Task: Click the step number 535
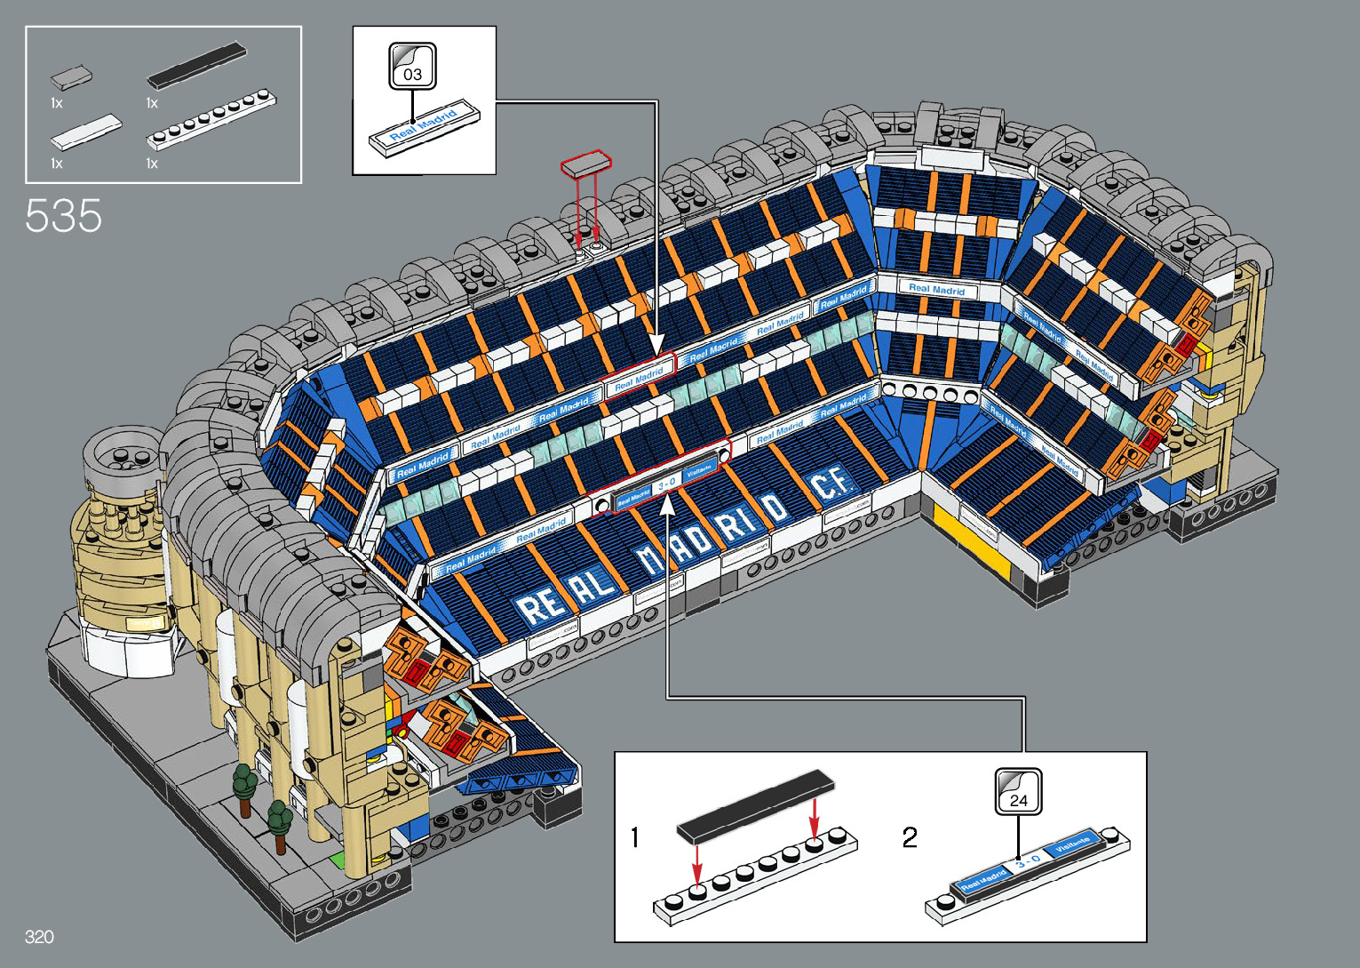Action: pyautogui.click(x=64, y=216)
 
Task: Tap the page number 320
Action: pyautogui.click(x=39, y=937)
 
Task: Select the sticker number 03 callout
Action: pyautogui.click(x=412, y=67)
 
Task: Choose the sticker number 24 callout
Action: pyautogui.click(x=1018, y=791)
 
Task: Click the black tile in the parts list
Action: pyautogui.click(x=196, y=66)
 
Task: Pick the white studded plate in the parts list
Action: pyautogui.click(x=211, y=118)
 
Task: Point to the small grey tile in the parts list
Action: pyautogui.click(x=71, y=77)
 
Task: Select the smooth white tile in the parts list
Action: pyautogui.click(x=86, y=132)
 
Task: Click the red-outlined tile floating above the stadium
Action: pyautogui.click(x=586, y=164)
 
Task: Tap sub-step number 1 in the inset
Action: pyautogui.click(x=634, y=837)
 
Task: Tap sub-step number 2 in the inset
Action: pyautogui.click(x=910, y=837)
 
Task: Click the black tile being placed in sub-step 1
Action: pyautogui.click(x=755, y=805)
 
